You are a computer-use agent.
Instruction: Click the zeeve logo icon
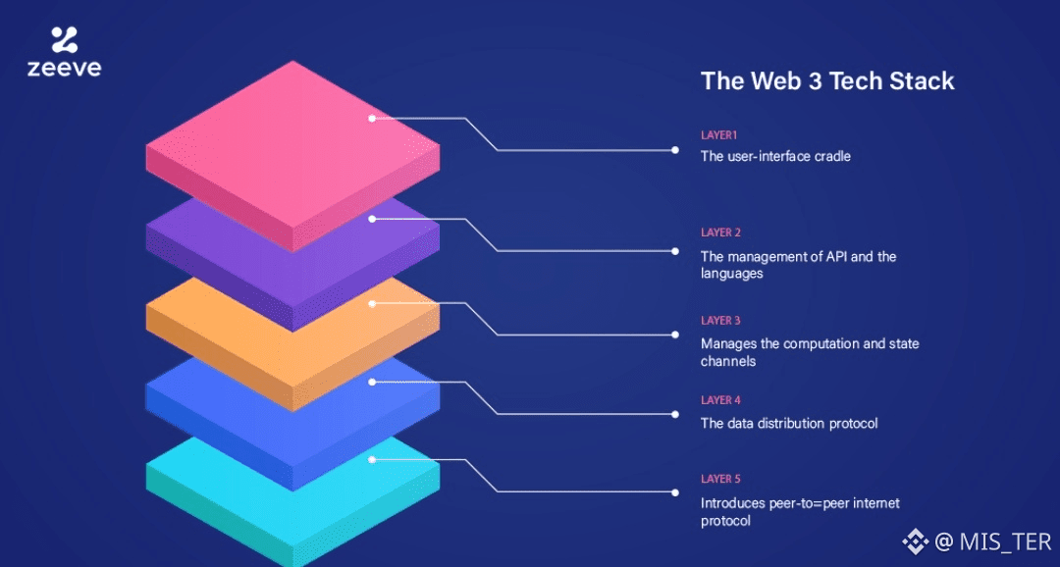coord(65,39)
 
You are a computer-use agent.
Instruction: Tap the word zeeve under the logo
coord(65,69)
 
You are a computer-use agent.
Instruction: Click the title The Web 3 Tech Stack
coord(827,80)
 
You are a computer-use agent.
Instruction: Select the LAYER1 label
coord(718,135)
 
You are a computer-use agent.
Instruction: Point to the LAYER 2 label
coord(720,232)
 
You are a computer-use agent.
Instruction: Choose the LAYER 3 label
coord(720,321)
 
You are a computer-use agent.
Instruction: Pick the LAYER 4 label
coord(720,400)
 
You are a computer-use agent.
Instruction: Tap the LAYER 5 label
coord(720,479)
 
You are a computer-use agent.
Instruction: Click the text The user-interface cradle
coord(775,156)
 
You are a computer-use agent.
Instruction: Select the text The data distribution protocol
coord(789,424)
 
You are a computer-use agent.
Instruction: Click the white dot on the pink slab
coord(372,118)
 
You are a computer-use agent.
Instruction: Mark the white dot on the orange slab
coord(372,303)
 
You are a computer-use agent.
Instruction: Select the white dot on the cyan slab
coord(372,458)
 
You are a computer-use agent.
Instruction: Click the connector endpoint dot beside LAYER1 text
coord(675,150)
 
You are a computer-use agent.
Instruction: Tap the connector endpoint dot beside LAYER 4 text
coord(675,413)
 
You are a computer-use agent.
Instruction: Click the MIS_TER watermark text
coord(1006,541)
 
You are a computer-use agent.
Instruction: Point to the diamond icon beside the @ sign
coord(916,541)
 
